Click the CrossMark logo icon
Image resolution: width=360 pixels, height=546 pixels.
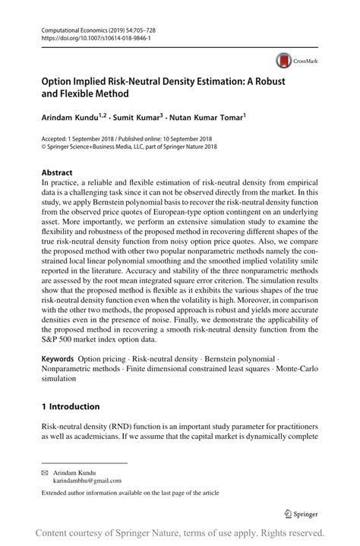(x=285, y=61)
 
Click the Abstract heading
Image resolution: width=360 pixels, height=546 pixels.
(x=58, y=172)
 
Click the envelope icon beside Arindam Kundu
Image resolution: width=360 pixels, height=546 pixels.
(x=44, y=472)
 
